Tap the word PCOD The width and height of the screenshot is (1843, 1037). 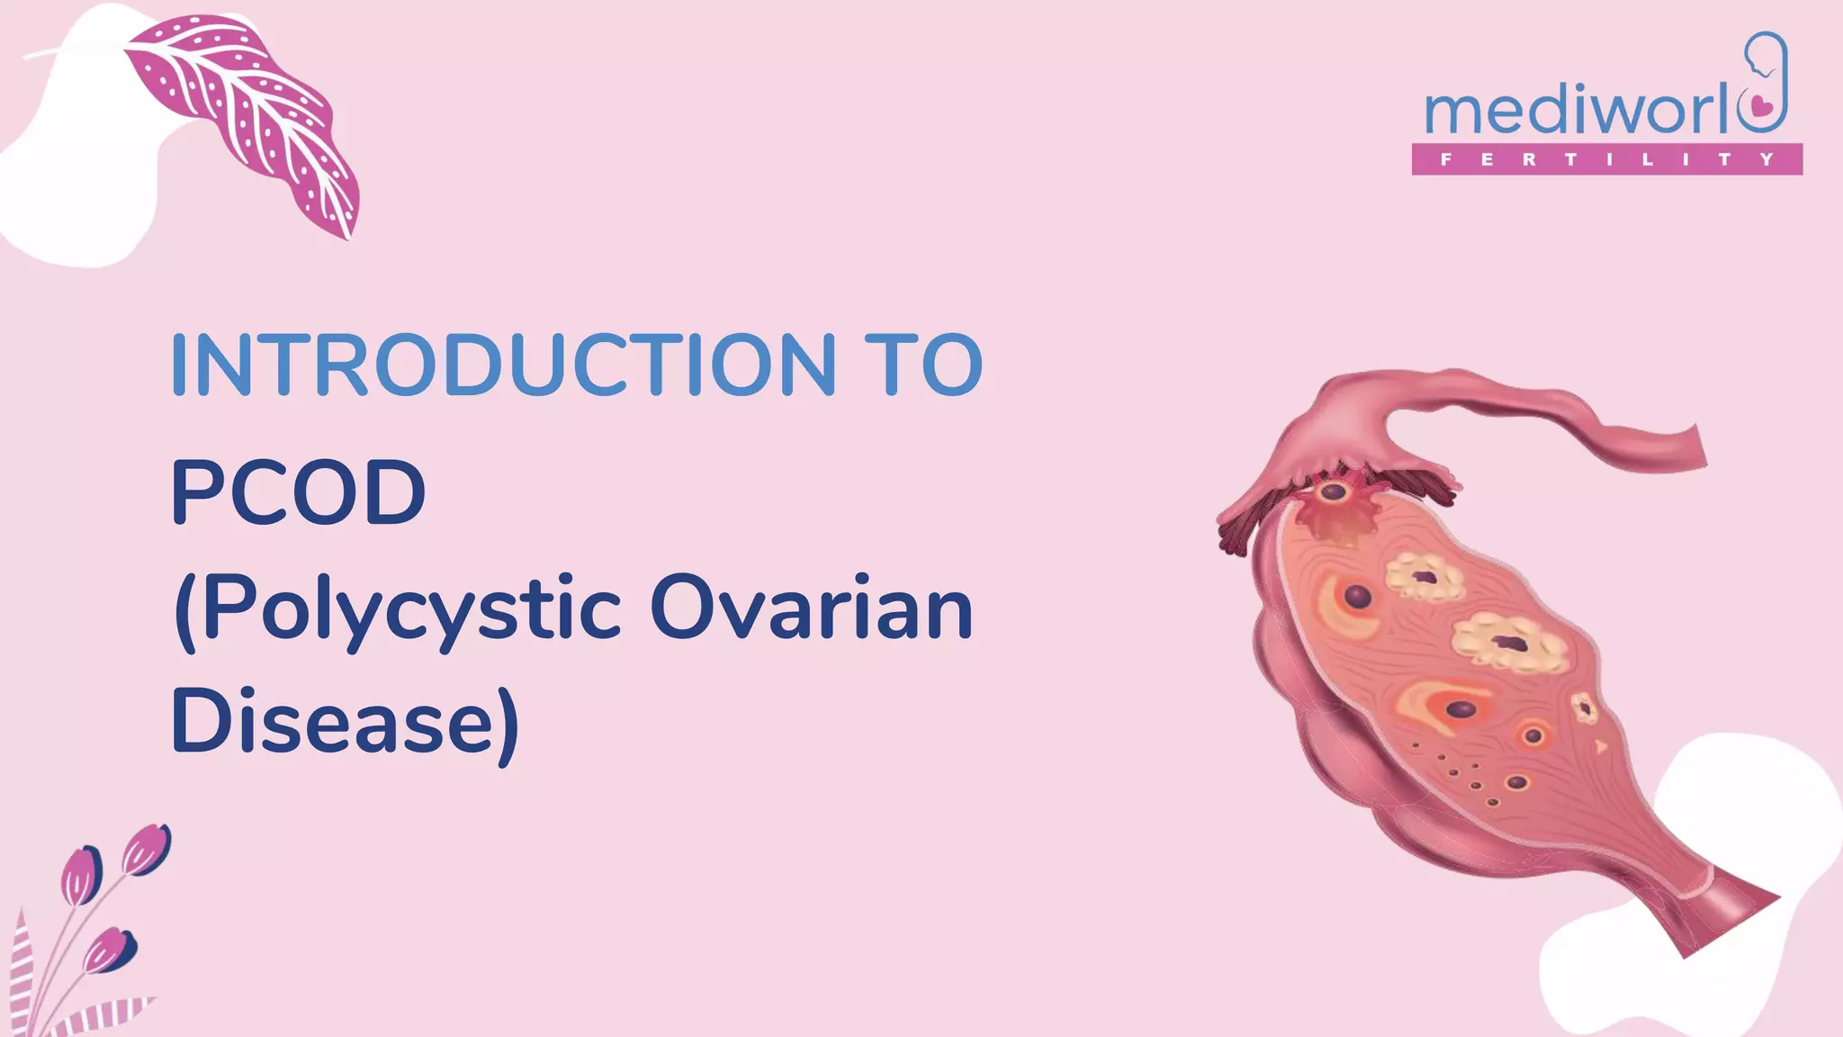pyautogui.click(x=298, y=492)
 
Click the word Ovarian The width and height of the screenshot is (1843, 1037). pyautogui.click(x=811, y=609)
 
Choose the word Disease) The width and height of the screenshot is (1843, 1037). pyautogui.click(x=345, y=723)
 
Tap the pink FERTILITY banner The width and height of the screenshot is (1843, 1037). pyautogui.click(x=1606, y=159)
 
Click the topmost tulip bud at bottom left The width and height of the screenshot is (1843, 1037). pyautogui.click(x=146, y=849)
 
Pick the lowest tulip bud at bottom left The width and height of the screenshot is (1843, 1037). pyautogui.click(x=109, y=950)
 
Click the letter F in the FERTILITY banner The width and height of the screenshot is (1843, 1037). pyautogui.click(x=1446, y=159)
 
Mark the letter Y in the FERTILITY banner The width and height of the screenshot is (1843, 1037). pyautogui.click(x=1767, y=159)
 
